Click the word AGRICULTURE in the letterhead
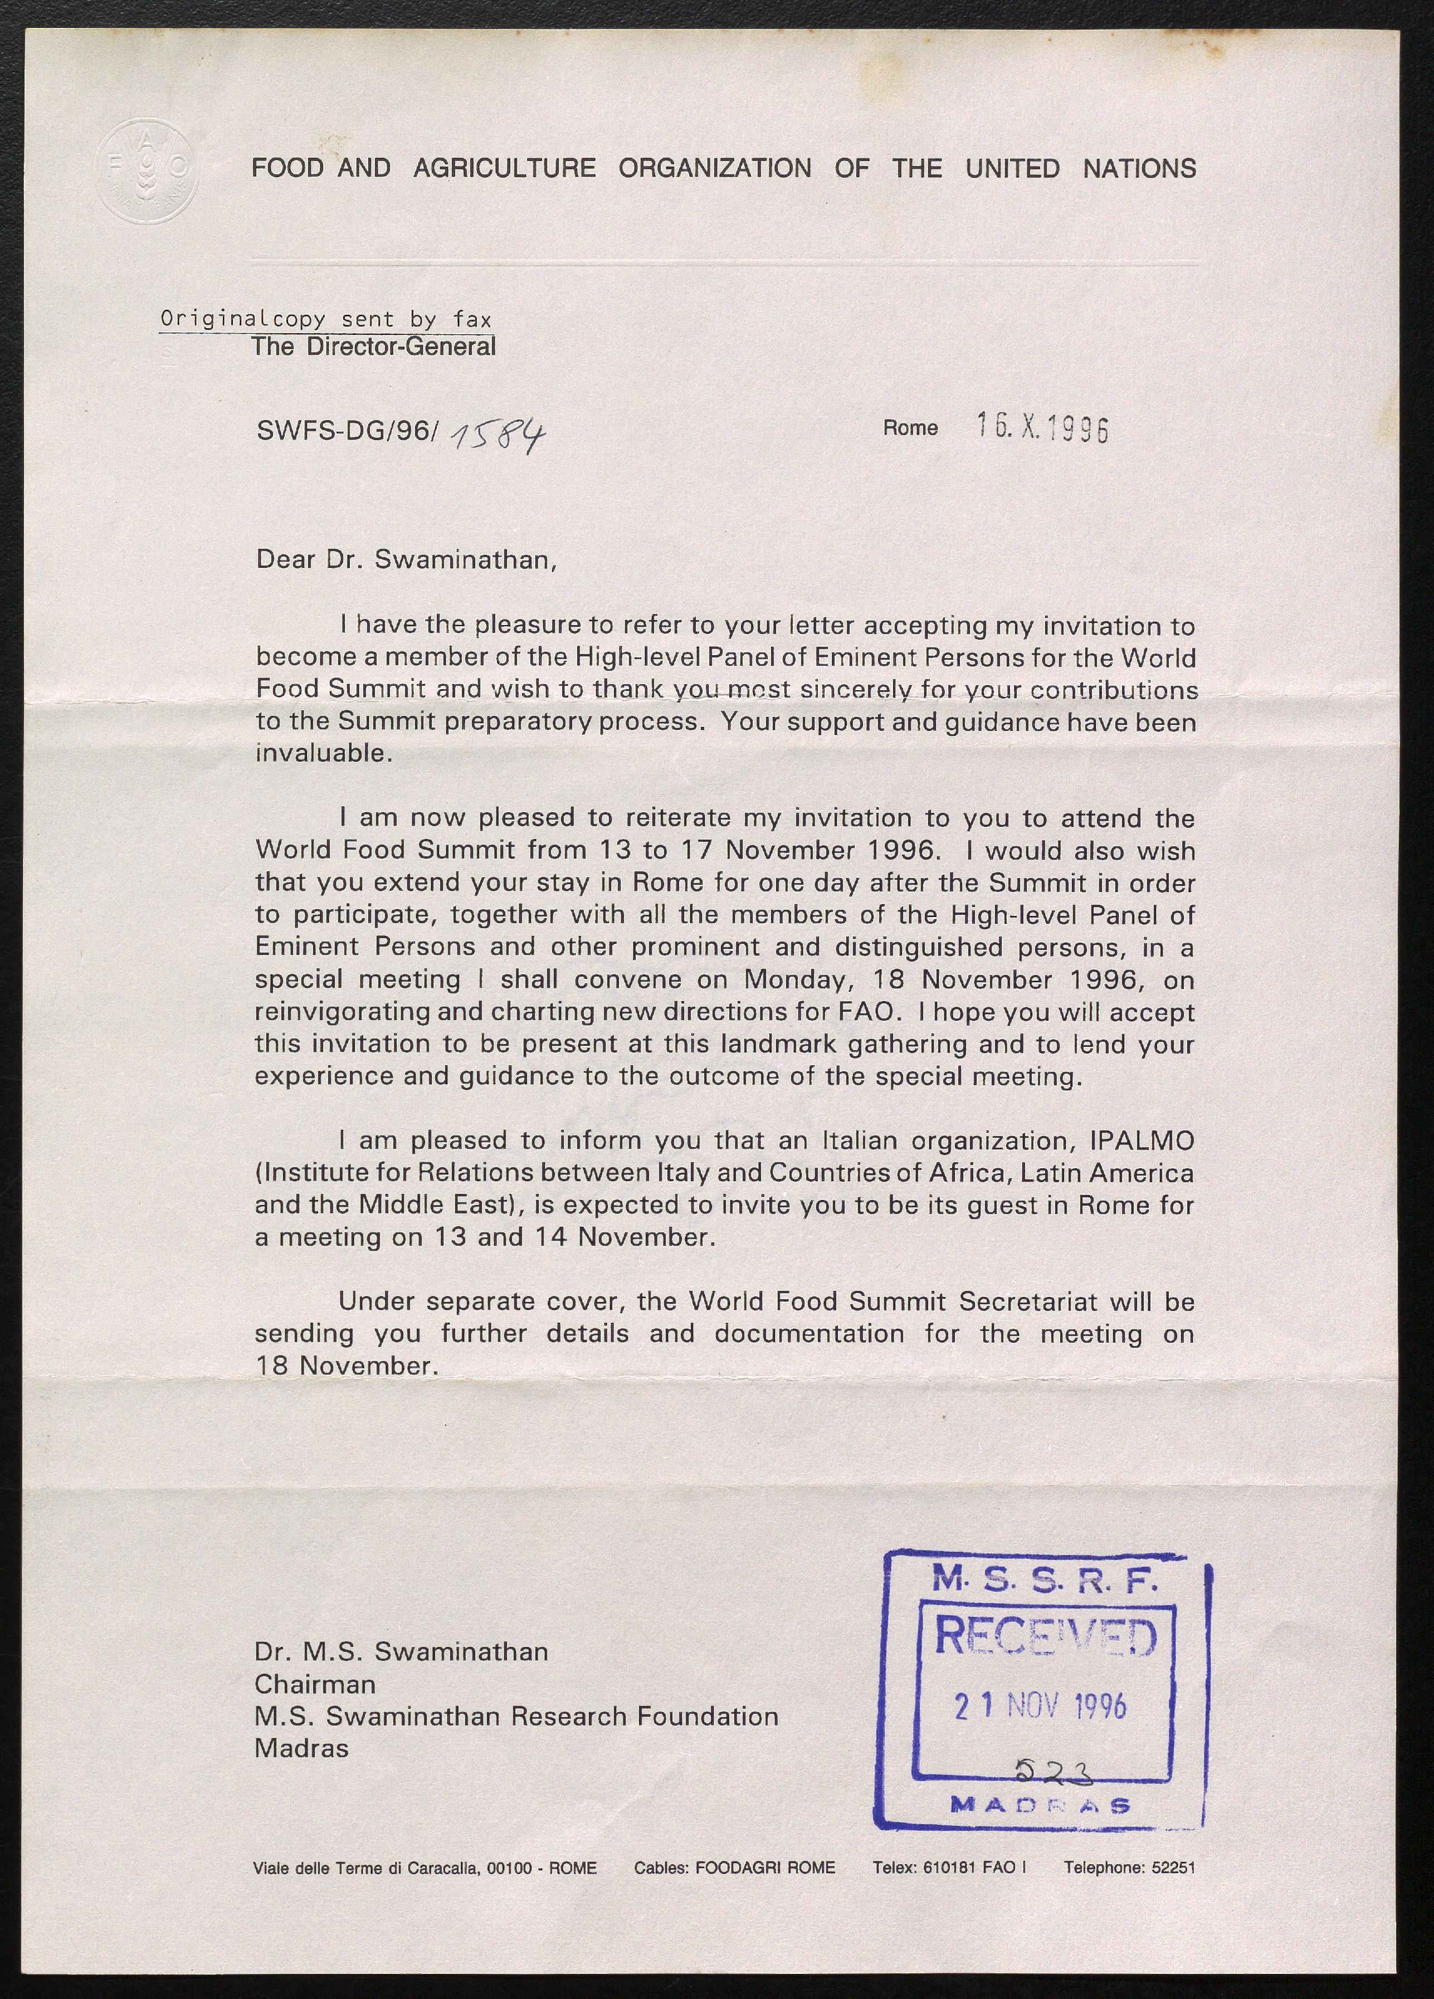click(x=504, y=168)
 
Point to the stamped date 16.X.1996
click(x=1042, y=428)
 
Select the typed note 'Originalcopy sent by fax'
click(x=325, y=319)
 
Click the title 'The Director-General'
click(x=374, y=347)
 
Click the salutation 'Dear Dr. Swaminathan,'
click(x=406, y=560)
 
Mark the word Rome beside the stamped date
click(x=910, y=428)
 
